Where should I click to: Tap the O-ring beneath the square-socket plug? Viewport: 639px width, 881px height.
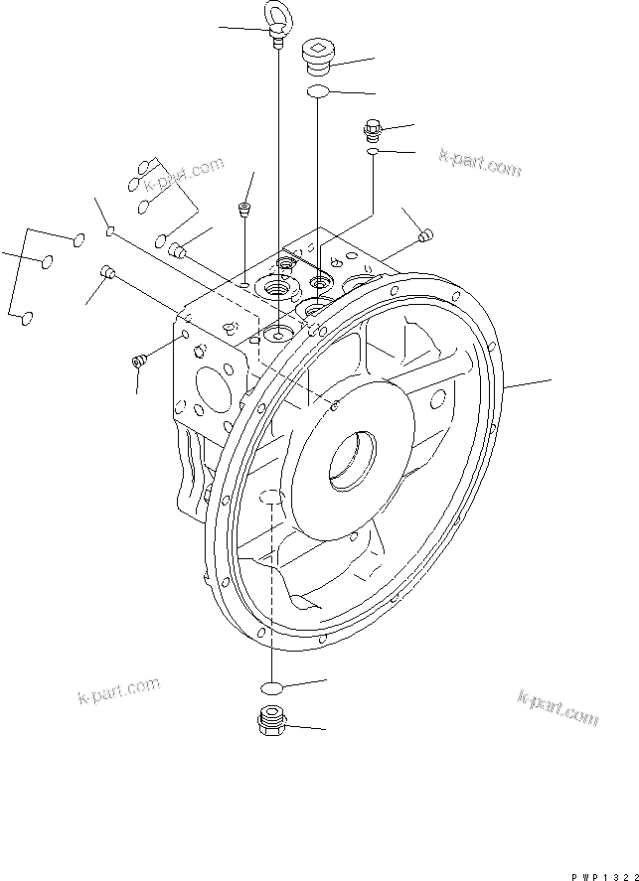coord(317,91)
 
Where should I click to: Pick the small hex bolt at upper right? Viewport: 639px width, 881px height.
coord(373,129)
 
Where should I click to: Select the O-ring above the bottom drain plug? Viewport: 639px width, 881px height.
coord(272,688)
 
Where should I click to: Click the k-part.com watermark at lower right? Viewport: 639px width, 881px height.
coord(558,706)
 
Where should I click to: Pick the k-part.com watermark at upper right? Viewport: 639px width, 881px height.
coord(480,163)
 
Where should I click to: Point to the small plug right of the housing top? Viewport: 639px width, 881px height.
coord(426,235)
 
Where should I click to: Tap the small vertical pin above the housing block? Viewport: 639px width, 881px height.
coord(243,210)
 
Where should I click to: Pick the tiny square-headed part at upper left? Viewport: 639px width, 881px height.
coord(112,233)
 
